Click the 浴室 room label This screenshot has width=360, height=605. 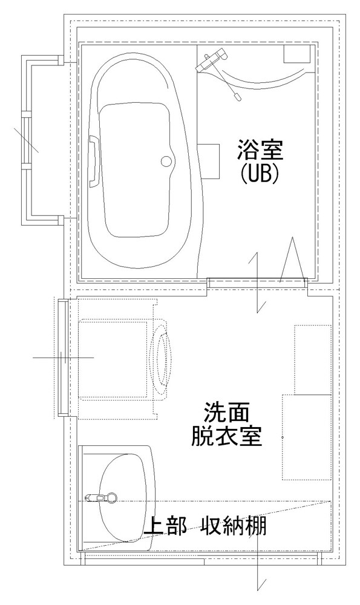(x=260, y=151)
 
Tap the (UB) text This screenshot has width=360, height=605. (x=260, y=174)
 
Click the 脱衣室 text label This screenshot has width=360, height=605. (x=227, y=436)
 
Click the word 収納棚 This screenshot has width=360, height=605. (x=234, y=526)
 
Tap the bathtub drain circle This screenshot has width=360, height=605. (x=166, y=162)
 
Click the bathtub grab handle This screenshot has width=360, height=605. (x=94, y=162)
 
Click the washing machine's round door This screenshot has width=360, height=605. (x=162, y=359)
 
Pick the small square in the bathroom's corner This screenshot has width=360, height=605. (x=297, y=54)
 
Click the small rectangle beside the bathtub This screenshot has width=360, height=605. (x=208, y=162)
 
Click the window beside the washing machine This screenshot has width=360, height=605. (x=63, y=358)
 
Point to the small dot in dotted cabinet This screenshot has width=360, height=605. (x=283, y=437)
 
